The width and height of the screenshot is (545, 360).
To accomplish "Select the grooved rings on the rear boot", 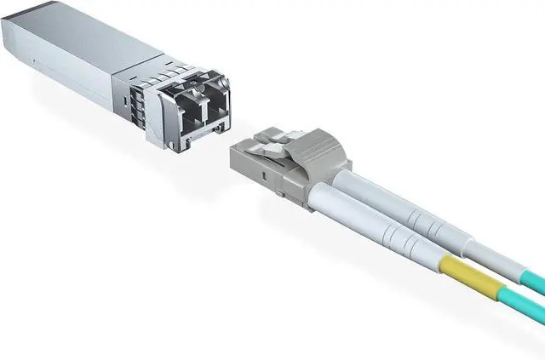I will point(443,218).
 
